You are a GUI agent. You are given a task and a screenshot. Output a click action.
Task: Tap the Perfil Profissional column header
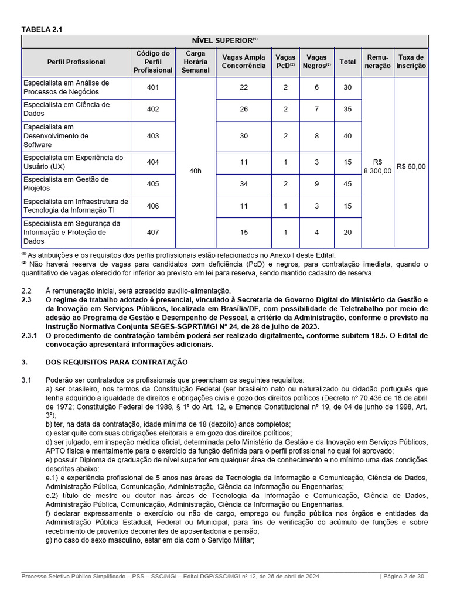click(76, 62)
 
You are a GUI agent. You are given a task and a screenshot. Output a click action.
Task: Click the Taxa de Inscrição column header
click(411, 62)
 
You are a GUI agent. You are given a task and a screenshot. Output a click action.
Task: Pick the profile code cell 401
click(153, 87)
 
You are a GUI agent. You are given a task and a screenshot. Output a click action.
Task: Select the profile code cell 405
click(153, 184)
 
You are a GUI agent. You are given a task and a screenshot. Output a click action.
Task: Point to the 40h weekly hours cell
click(195, 171)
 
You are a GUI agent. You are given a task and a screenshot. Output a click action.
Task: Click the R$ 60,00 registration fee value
click(411, 166)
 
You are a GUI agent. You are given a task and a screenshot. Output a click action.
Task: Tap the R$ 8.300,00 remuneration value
click(377, 166)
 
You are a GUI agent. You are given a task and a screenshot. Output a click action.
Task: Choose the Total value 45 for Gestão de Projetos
click(347, 184)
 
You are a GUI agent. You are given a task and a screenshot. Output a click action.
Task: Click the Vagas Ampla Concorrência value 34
click(244, 184)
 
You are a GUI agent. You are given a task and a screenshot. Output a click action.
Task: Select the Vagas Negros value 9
click(316, 184)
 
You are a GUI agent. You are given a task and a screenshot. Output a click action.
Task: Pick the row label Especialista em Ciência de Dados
click(66, 109)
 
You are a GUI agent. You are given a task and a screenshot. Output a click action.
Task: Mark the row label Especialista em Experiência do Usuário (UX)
click(73, 162)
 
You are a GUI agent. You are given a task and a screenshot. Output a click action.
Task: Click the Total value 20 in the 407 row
click(347, 233)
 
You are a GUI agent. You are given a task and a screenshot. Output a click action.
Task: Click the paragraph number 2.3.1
click(29, 336)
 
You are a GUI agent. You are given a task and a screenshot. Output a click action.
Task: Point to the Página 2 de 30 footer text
click(404, 577)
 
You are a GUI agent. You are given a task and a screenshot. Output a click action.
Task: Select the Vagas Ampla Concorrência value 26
click(244, 109)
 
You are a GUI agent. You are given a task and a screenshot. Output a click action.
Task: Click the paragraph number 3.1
click(26, 380)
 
